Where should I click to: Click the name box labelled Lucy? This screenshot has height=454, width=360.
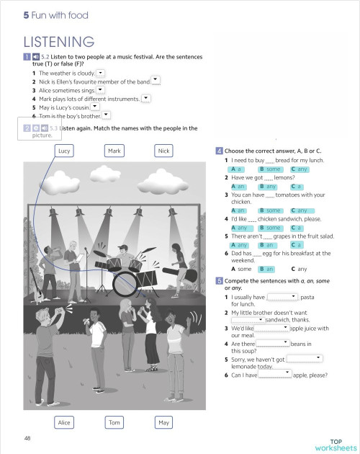[x=65, y=151]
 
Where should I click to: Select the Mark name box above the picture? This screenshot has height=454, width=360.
[x=114, y=151]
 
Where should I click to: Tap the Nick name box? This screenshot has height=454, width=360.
[x=164, y=151]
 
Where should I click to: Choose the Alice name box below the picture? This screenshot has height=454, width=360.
[x=65, y=422]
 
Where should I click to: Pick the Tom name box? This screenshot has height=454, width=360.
[x=114, y=422]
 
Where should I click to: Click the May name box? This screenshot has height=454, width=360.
[x=164, y=422]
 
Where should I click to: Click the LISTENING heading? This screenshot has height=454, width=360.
[x=59, y=41]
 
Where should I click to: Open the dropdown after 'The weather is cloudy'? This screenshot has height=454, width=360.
[x=100, y=73]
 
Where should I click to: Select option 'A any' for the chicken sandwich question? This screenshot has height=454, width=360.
[x=240, y=228]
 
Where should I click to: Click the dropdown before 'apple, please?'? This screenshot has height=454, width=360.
[x=275, y=374]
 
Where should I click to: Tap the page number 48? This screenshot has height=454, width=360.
[x=27, y=437]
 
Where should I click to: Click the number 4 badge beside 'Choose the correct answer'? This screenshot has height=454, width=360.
[x=219, y=151]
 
